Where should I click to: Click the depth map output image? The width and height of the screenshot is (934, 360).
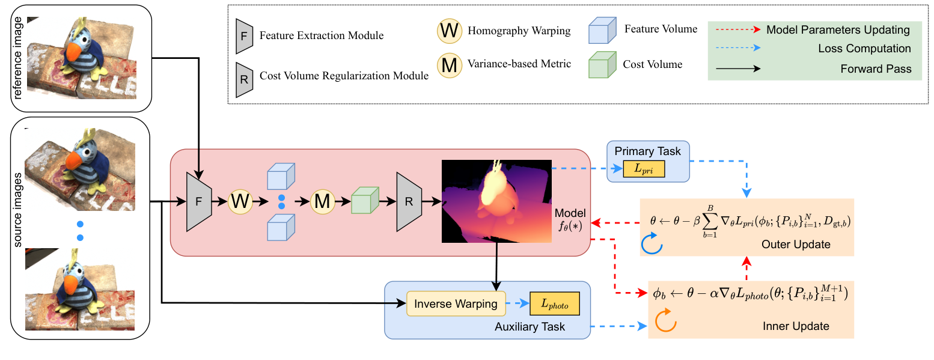(x=496, y=201)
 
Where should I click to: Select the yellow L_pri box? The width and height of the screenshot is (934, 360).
(x=644, y=170)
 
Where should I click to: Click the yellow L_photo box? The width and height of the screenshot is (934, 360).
(x=554, y=304)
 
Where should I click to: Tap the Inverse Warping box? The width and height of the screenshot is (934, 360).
(x=456, y=304)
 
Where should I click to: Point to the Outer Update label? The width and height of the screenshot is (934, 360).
(x=796, y=245)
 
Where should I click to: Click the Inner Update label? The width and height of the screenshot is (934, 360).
(x=796, y=326)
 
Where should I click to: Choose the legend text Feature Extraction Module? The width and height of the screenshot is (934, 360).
(x=321, y=35)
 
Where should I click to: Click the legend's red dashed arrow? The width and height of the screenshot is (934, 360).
(x=737, y=29)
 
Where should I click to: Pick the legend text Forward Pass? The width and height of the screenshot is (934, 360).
(x=876, y=69)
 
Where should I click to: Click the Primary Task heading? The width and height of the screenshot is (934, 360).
(x=647, y=151)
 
